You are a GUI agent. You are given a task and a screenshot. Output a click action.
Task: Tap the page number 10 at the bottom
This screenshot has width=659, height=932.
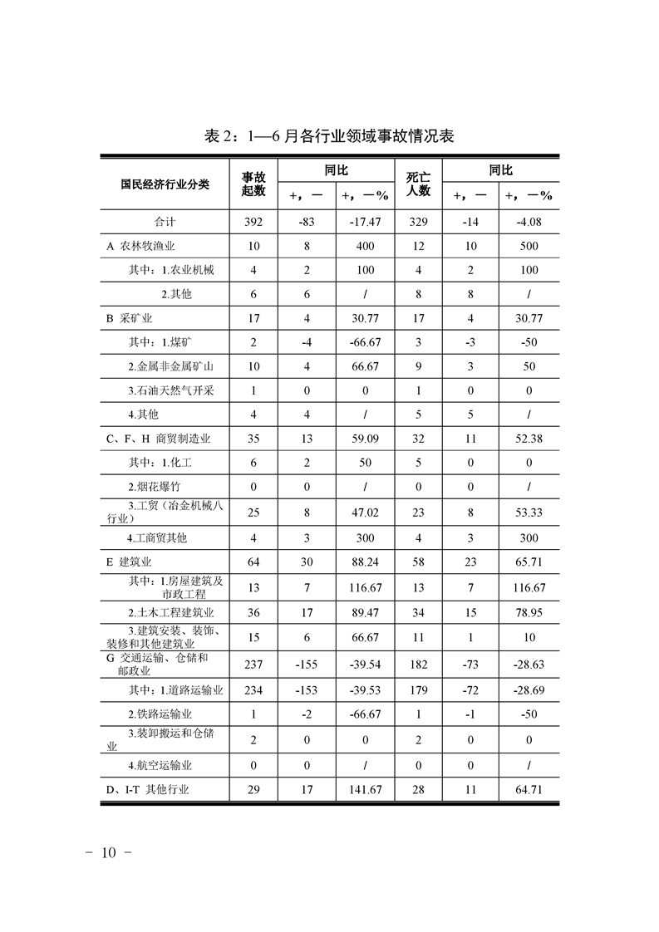pos(110,853)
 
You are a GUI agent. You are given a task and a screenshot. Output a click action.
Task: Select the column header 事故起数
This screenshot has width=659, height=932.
pos(253,184)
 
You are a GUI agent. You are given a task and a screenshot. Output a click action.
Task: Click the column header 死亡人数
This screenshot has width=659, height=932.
pos(418,184)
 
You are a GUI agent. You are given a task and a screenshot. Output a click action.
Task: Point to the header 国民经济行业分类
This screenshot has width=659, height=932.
pos(165,184)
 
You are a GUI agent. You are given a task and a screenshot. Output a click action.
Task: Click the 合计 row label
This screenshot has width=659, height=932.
pos(165,222)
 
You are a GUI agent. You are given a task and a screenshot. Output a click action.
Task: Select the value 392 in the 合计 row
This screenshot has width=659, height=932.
pos(253,222)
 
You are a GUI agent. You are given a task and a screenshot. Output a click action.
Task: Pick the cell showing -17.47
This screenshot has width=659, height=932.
pos(364,222)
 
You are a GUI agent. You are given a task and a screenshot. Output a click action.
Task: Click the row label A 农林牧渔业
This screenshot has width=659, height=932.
pos(140,246)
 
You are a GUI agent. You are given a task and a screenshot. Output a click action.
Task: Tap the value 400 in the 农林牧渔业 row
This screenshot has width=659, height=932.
pos(364,246)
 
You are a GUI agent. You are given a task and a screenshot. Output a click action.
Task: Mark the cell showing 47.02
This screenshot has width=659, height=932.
pos(364,513)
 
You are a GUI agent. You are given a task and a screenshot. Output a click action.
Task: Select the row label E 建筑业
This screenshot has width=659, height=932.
pos(133,562)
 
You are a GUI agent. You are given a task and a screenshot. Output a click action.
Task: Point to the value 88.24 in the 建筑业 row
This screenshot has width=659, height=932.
pos(364,562)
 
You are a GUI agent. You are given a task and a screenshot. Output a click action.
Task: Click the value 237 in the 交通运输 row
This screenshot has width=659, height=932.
pos(253,665)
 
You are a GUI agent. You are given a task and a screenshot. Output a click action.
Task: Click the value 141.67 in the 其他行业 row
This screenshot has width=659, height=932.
pos(364,789)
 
